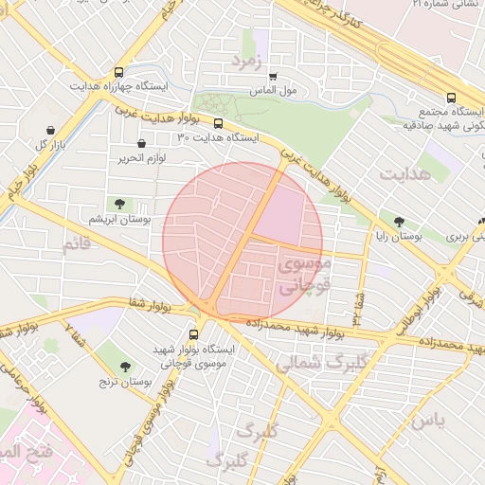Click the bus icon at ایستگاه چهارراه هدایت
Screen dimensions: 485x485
click(118, 72)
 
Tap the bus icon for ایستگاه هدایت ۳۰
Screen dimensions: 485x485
click(219, 123)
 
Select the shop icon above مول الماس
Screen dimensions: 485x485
click(273, 77)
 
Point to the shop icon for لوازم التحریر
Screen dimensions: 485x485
click(142, 144)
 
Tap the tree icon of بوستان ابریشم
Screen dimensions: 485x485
click(119, 205)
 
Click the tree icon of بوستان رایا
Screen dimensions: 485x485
click(400, 221)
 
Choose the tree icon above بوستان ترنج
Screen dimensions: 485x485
click(126, 367)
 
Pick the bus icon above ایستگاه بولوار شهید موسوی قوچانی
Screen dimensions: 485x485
click(194, 334)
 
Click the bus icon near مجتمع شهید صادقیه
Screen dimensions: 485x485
click(451, 99)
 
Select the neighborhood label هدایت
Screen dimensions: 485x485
click(404, 174)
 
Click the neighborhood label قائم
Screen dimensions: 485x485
click(79, 247)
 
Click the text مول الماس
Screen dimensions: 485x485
click(274, 91)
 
